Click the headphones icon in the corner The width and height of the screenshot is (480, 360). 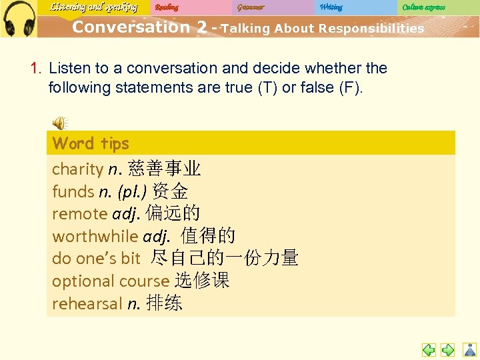[19, 18]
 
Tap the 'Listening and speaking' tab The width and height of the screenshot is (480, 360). [93, 7]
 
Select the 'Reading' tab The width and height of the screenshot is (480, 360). [167, 7]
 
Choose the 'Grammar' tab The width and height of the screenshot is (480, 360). [251, 7]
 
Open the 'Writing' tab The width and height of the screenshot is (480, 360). [331, 7]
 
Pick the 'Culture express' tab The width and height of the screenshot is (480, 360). [423, 7]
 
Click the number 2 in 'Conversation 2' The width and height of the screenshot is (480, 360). [199, 27]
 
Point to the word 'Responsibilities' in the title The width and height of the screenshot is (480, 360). [371, 29]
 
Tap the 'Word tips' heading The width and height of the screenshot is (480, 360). [91, 143]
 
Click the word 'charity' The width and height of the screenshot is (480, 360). [77, 169]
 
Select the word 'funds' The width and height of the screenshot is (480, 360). [73, 192]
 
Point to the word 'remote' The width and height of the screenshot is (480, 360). [79, 214]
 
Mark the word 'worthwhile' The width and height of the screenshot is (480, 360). [95, 236]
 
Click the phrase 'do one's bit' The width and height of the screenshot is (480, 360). [96, 259]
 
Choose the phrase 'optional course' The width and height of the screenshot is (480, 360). [111, 281]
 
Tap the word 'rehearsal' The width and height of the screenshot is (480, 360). [87, 304]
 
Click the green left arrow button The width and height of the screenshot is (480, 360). [429, 349]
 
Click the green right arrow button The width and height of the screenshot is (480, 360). [448, 349]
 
